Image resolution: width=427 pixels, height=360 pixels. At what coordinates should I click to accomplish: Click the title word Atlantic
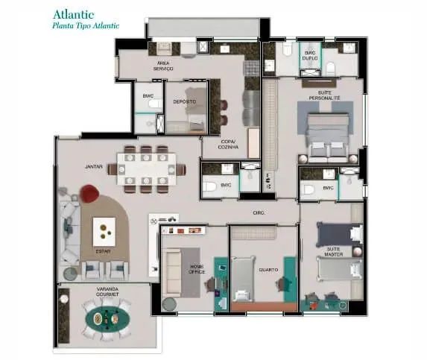[73, 13]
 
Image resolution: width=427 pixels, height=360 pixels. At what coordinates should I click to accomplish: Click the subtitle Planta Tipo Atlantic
[86, 25]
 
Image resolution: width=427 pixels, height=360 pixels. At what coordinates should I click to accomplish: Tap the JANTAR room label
[93, 167]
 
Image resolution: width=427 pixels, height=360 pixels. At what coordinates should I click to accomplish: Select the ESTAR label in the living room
[103, 251]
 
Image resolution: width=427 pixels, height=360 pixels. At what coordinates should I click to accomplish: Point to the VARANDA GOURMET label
[108, 291]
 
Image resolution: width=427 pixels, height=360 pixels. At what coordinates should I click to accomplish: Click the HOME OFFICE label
[196, 269]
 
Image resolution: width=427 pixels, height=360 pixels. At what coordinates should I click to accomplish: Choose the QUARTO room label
[268, 270]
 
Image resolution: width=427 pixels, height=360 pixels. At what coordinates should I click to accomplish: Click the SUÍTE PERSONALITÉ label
[324, 95]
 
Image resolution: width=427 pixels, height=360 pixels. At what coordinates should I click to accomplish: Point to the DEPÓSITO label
[185, 101]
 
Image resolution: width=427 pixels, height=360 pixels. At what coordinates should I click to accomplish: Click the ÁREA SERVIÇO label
[163, 66]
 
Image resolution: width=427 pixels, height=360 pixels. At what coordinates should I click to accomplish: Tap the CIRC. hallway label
[259, 212]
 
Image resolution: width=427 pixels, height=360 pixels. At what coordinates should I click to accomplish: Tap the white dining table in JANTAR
[146, 168]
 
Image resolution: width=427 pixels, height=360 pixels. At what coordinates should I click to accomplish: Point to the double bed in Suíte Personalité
[326, 134]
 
